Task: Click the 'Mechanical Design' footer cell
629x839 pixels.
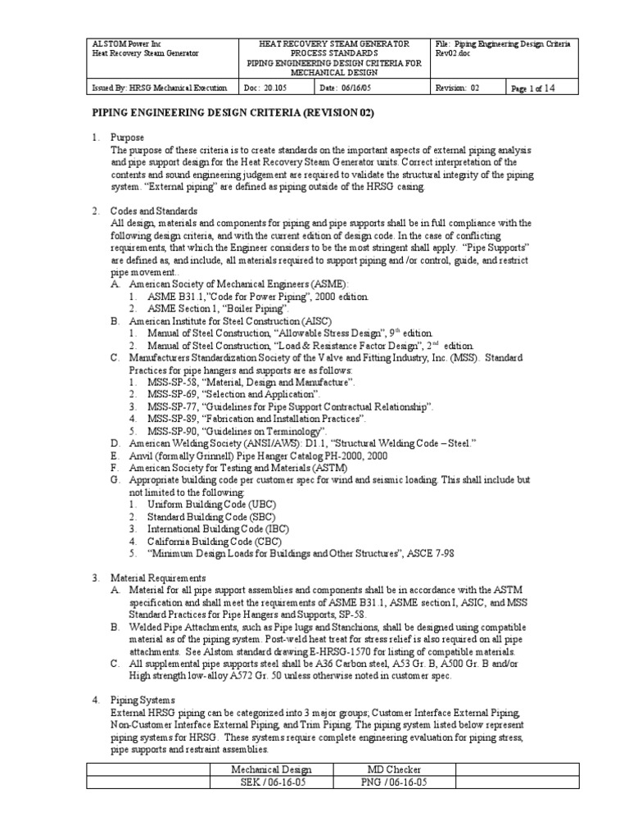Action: click(x=271, y=769)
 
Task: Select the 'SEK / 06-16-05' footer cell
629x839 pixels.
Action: click(x=271, y=782)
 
